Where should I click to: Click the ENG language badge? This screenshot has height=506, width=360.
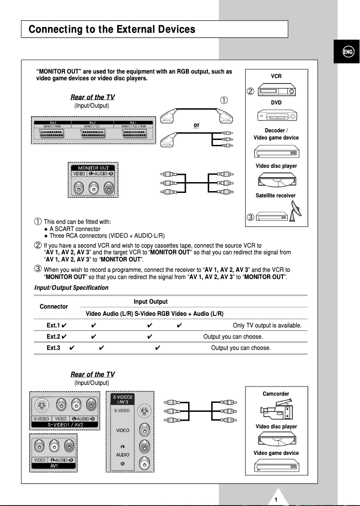pos(347,52)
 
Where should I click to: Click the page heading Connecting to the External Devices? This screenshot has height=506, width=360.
pos(112,30)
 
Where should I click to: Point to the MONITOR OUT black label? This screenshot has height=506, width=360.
pos(94,168)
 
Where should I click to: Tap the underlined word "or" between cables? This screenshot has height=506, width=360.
pos(196,125)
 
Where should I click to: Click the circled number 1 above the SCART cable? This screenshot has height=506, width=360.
pos(223,100)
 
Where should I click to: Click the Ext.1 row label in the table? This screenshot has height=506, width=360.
pos(53,325)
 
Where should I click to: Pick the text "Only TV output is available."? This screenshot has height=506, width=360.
pos(267,325)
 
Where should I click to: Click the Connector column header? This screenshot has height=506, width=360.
pos(54,306)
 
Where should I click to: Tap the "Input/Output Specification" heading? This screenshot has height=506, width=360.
pos(71,288)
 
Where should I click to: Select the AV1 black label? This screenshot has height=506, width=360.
pos(54,466)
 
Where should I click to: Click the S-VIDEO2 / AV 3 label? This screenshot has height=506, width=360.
pos(122,399)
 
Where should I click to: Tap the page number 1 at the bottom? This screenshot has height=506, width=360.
pos(276,499)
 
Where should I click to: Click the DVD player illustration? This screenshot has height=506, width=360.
pos(277,116)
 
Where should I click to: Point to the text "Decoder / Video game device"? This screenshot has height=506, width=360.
pos(276,134)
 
